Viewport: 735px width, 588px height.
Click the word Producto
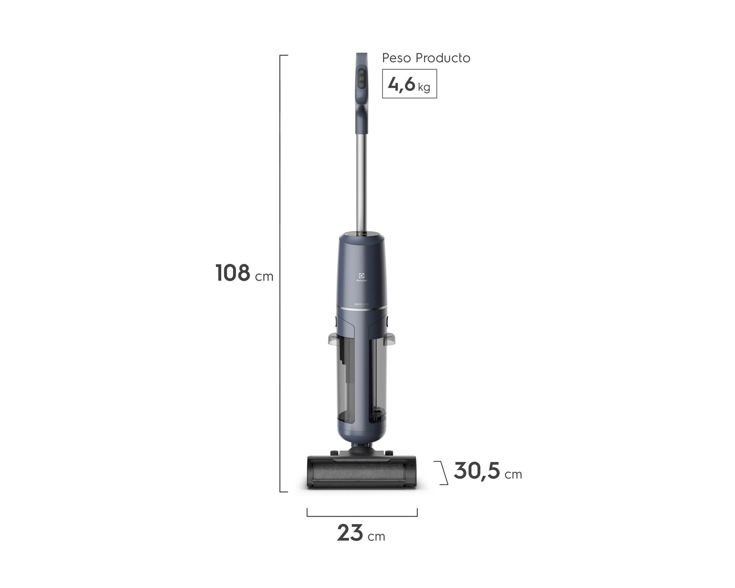pos(443,58)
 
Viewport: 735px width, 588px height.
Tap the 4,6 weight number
pos(401,85)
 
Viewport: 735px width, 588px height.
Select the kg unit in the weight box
pos(424,87)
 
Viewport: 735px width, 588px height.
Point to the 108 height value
pos(233,273)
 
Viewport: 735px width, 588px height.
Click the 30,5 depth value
pos(477,471)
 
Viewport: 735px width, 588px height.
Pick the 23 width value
pos(350,533)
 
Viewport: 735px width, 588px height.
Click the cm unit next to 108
pos(264,276)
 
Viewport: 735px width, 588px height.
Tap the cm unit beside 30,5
pos(513,474)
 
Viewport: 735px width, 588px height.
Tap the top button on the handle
pos(362,72)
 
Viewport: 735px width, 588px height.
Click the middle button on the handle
pos(362,79)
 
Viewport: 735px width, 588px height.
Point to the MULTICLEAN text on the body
pos(362,304)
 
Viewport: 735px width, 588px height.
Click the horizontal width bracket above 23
pos(362,515)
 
